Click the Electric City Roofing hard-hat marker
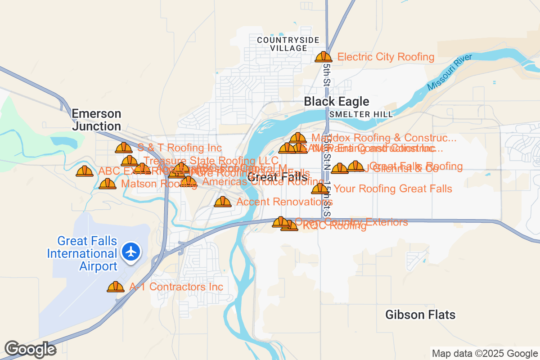click(323, 57)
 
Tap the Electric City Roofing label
click(386, 57)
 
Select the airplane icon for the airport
click(131, 251)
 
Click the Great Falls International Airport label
click(82, 254)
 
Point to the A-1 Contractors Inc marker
click(116, 287)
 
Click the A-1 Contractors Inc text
click(176, 287)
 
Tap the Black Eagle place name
click(336, 102)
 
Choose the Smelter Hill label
click(361, 114)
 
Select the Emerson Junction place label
click(97, 120)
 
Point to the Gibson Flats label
click(420, 315)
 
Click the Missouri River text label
click(450, 72)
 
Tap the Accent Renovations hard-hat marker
click(222, 202)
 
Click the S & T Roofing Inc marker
click(123, 148)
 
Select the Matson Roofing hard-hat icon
click(108, 184)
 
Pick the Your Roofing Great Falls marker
click(320, 189)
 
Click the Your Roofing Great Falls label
click(393, 189)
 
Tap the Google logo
click(31, 349)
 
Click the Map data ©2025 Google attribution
click(485, 354)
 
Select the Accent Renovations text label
click(284, 202)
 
